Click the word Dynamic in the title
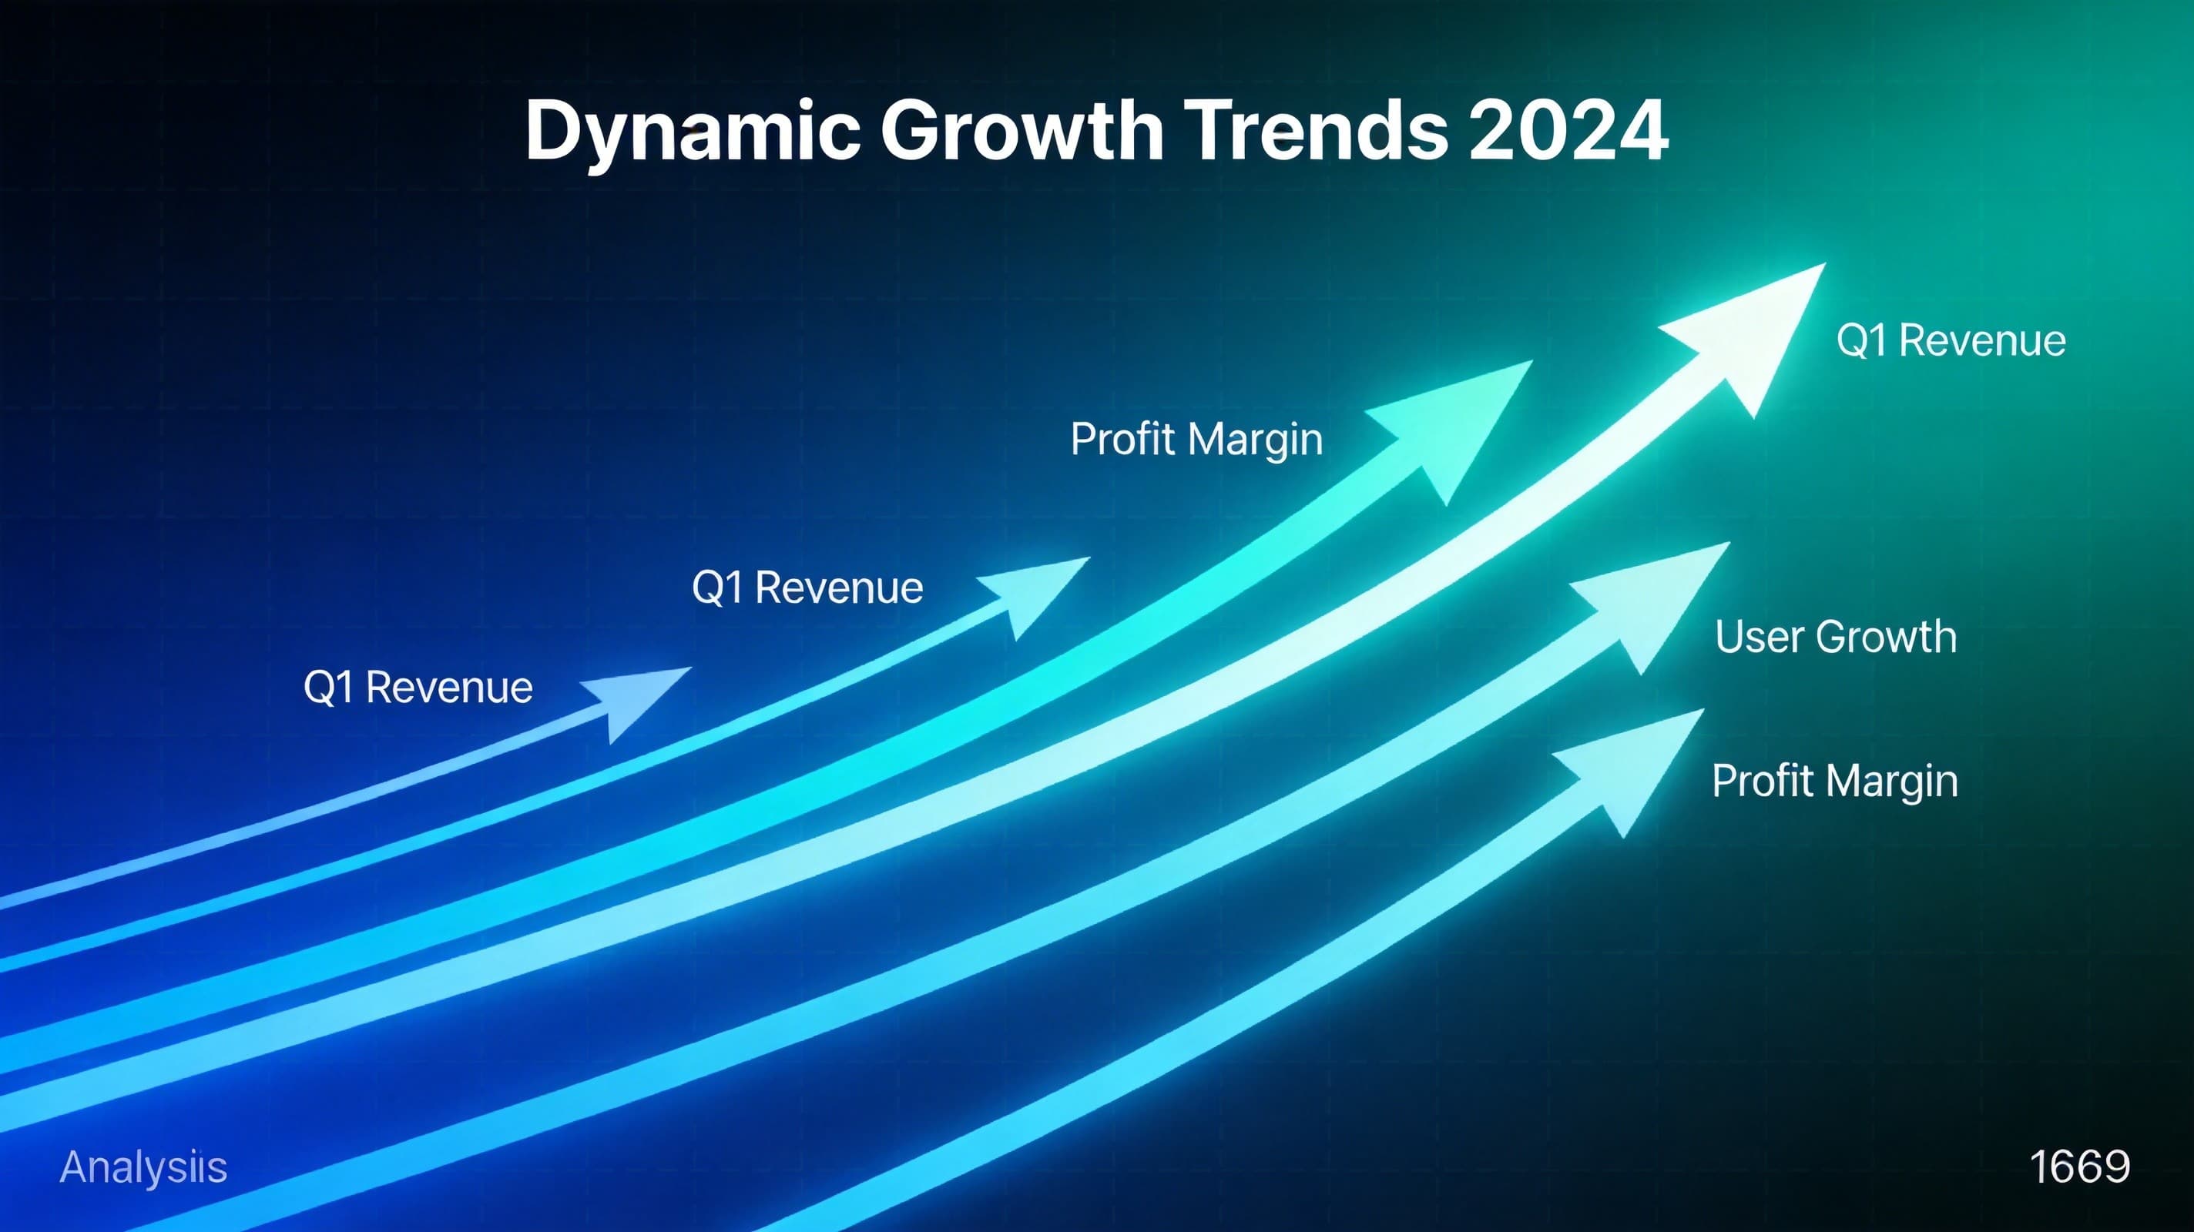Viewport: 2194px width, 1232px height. [692, 132]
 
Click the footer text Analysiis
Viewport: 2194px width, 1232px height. [143, 1167]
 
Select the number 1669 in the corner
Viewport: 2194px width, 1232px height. [2079, 1167]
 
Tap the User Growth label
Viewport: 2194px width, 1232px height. [1836, 637]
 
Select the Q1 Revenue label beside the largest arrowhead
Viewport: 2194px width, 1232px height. [1951, 340]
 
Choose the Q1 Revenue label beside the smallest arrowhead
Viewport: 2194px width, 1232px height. [418, 687]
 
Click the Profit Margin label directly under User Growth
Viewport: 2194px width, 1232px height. [1834, 781]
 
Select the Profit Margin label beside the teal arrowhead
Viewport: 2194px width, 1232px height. [1196, 440]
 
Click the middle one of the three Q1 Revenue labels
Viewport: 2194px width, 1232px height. [807, 588]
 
